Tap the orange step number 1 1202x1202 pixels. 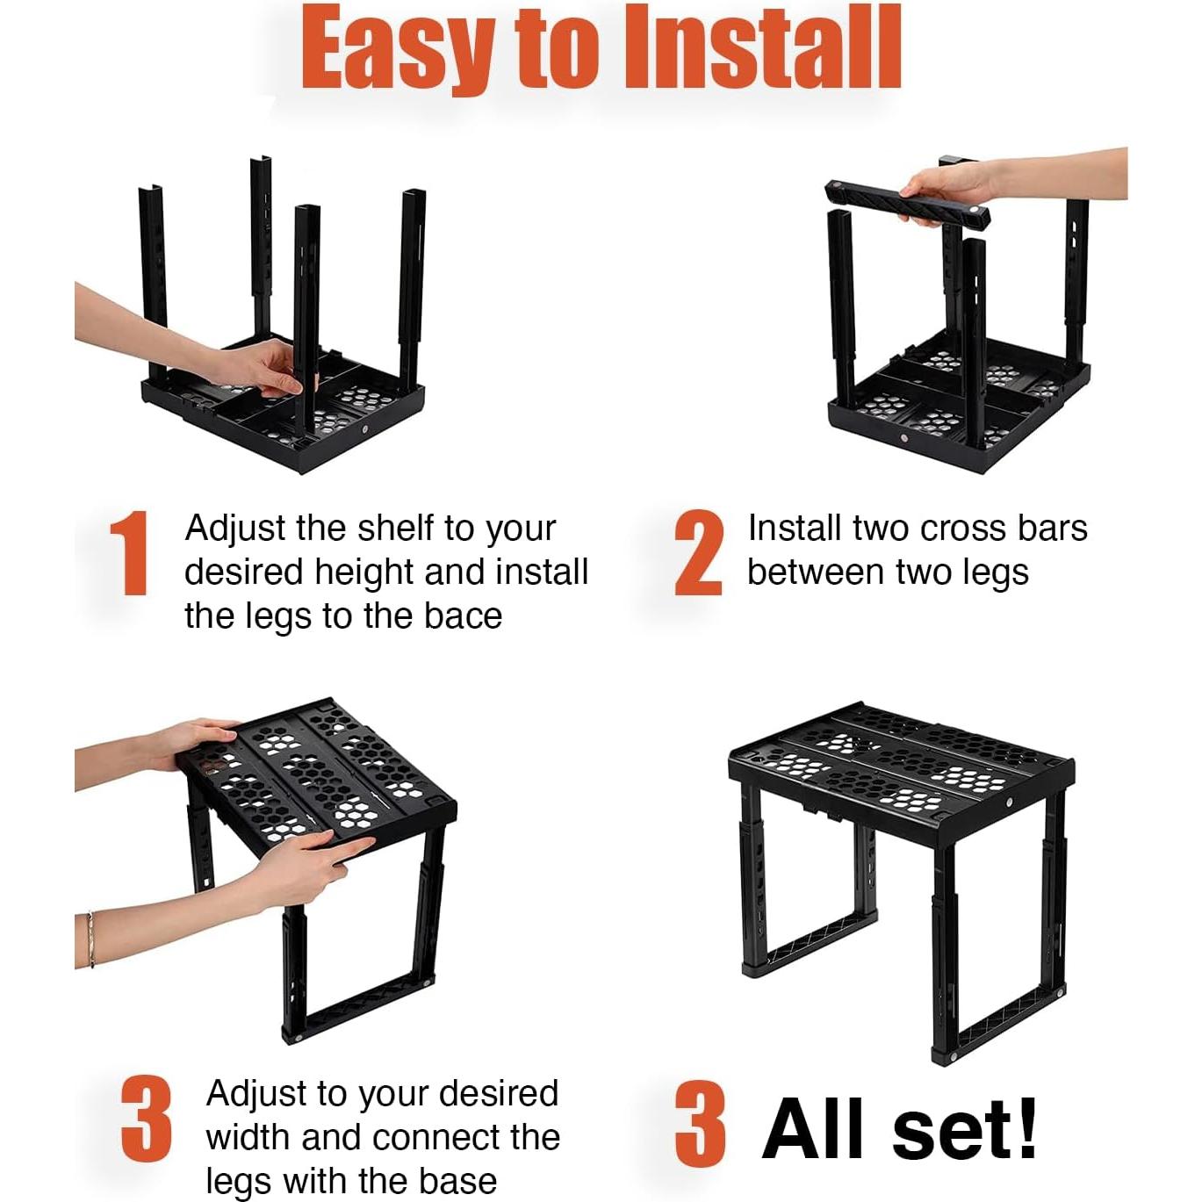tap(129, 552)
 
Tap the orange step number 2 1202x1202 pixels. tap(699, 552)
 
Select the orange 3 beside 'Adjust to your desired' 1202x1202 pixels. tap(146, 1119)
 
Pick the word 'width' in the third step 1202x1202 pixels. tap(248, 1137)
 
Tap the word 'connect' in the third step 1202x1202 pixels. tap(400, 1137)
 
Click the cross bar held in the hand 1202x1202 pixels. tap(908, 205)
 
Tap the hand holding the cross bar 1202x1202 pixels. tap(942, 191)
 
